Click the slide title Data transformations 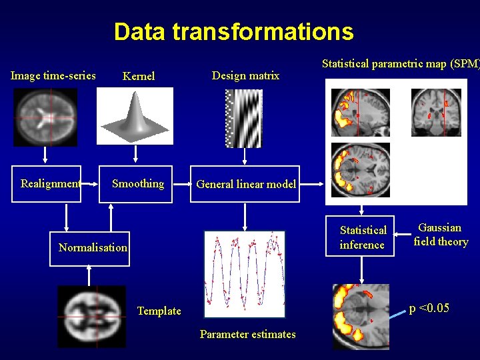[x=233, y=31]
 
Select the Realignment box [x=51, y=183]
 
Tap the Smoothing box [x=137, y=183]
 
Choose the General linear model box [x=245, y=184]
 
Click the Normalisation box [x=93, y=247]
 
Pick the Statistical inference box [x=362, y=237]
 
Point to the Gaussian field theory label [x=440, y=235]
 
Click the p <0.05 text [x=429, y=307]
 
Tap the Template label [x=159, y=311]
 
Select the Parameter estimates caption [x=247, y=334]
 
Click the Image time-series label [x=53, y=75]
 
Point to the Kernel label [x=139, y=76]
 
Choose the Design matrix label [x=245, y=75]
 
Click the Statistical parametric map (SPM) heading [x=400, y=64]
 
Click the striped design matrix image [x=243, y=118]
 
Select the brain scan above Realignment [x=45, y=117]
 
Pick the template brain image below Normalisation [x=91, y=316]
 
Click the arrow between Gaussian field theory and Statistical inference [x=401, y=235]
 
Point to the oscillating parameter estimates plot [x=245, y=274]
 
